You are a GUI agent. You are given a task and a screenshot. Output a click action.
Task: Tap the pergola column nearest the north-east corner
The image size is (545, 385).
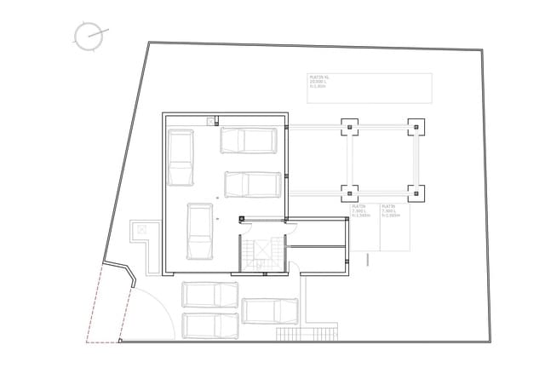coord(416,128)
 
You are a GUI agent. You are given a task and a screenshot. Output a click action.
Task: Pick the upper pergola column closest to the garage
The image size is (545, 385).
coord(350,128)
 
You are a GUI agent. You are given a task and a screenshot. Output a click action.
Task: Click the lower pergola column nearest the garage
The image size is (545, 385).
coord(350,192)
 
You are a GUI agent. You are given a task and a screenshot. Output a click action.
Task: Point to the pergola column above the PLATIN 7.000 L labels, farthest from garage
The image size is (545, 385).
coord(416,192)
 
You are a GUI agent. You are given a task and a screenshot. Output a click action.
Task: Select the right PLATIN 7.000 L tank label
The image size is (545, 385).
coord(391,211)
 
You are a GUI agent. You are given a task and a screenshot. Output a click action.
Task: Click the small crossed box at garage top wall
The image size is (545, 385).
coord(210,122)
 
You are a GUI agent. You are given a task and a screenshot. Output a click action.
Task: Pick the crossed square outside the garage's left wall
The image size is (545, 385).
coord(141,228)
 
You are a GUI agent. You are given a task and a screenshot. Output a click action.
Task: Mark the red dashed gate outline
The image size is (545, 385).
coord(107,302)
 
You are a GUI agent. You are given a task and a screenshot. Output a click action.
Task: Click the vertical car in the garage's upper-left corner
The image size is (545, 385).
coord(181,157)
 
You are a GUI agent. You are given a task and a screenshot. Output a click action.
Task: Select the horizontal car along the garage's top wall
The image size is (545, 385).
coord(249,140)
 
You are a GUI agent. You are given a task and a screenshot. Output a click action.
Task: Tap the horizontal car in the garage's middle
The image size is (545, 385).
coord(253,184)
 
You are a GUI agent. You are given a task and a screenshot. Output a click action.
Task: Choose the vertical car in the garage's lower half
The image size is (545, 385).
coord(199,232)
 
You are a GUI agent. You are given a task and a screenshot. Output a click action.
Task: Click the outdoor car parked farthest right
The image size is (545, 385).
coord(270,311)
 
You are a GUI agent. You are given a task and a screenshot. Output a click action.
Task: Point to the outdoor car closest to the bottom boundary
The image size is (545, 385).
coord(210,325)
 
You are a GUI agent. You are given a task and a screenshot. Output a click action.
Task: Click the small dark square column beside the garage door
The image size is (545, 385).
coord(242,220)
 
